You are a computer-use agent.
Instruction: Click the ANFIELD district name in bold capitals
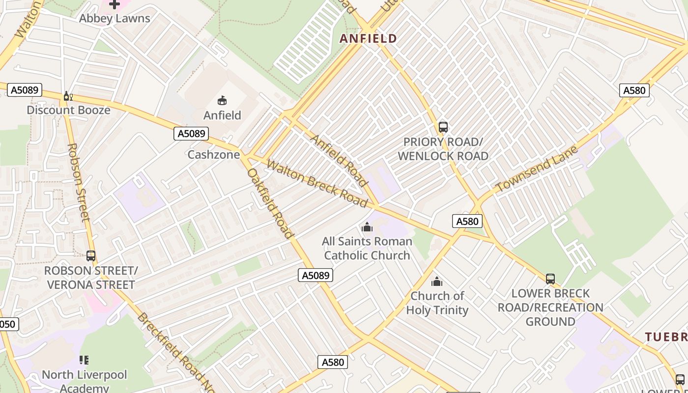coord(368,38)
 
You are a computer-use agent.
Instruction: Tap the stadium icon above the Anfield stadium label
coord(222,101)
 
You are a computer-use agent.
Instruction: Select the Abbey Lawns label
coord(115,19)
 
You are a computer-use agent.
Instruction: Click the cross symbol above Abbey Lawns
coord(115,4)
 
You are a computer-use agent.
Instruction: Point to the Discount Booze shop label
coord(68,110)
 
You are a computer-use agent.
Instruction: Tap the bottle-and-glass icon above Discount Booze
coord(68,96)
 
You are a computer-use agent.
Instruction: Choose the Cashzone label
coord(214,155)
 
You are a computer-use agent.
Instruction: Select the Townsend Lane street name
coord(537,169)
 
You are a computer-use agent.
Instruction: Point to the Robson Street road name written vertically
coord(79,182)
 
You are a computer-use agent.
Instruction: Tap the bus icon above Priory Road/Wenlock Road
coord(443,127)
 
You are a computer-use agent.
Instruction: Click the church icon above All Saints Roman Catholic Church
coord(367,227)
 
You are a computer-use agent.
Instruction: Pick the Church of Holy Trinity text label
coord(437,303)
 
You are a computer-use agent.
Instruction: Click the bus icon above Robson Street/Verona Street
coord(91,256)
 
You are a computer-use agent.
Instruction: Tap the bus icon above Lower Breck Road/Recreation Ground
coord(550,279)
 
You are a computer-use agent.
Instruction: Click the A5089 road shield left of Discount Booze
coord(25,90)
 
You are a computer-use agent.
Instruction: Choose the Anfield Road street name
coord(339,160)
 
